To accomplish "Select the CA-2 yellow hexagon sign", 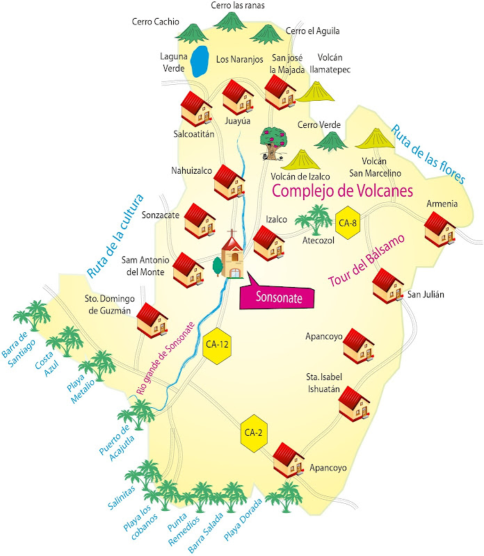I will [252, 432].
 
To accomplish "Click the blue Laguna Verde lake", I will [201, 61].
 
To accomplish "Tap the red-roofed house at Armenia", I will [439, 229].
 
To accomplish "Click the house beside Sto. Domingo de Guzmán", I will [153, 320].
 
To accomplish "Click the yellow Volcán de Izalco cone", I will [300, 160].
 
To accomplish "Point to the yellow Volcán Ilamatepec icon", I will [316, 92].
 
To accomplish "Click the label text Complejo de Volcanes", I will [342, 190].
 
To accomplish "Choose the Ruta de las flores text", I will [427, 154].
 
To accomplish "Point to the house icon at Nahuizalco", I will [229, 181].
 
